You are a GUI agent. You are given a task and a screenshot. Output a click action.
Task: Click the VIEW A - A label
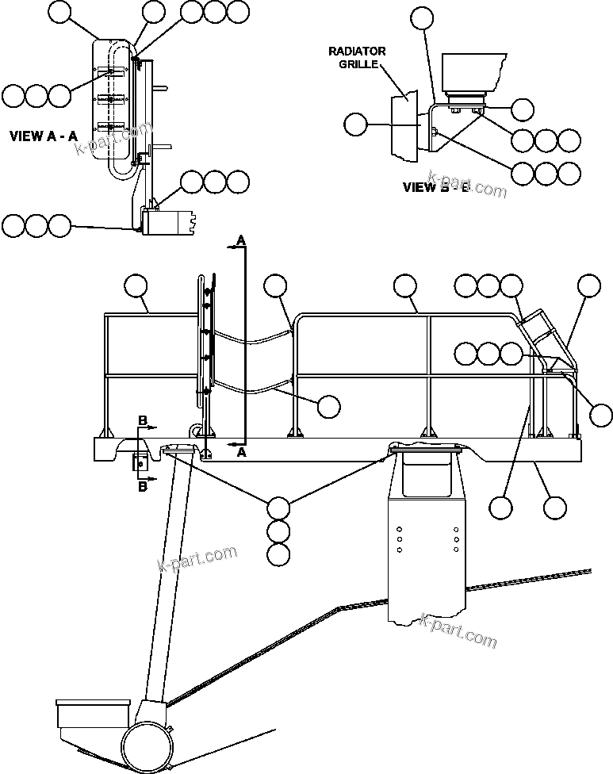[x=43, y=136]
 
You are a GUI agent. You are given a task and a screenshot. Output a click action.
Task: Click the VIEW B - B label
[x=436, y=188]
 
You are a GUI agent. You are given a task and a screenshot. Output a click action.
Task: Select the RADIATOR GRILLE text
[x=357, y=57]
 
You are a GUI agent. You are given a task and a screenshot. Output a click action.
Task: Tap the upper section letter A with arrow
[x=241, y=239]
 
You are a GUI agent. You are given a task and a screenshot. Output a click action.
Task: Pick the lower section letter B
[x=143, y=487]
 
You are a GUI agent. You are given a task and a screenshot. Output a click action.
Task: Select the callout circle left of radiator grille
[x=357, y=125]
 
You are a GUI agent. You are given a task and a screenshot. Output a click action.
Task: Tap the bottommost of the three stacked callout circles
[x=278, y=554]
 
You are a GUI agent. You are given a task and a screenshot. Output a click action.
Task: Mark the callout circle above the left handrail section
[x=136, y=286]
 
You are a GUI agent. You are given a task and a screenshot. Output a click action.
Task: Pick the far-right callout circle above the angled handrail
[x=589, y=286]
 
